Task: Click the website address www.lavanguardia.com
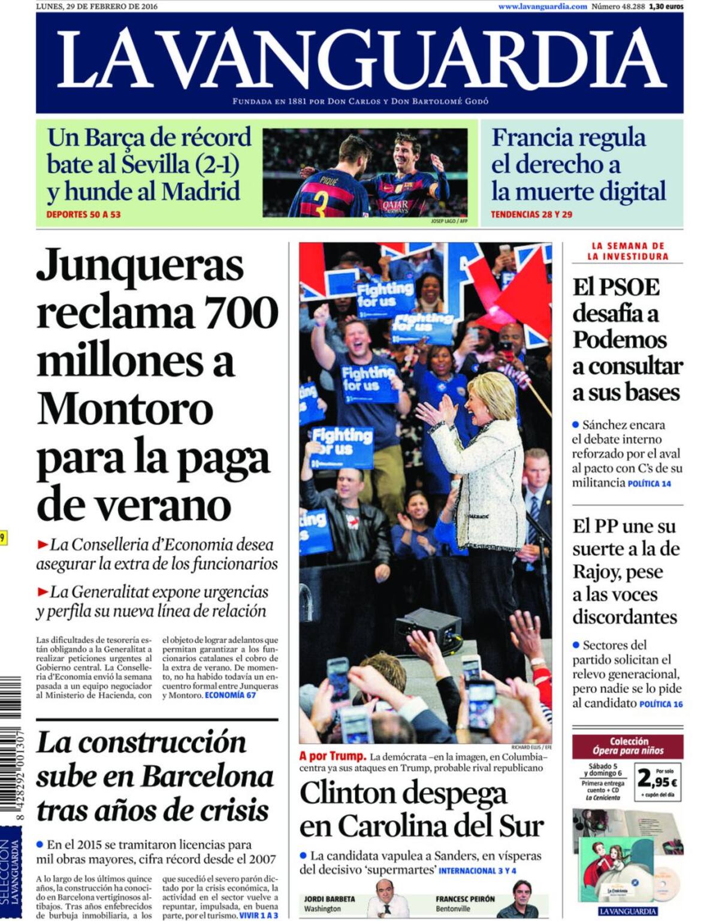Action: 542,6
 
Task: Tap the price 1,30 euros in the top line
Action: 666,6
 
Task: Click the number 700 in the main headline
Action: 241,312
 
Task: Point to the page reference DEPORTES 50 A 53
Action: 83,214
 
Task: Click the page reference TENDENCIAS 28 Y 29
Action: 531,214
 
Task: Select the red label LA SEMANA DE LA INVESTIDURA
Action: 627,251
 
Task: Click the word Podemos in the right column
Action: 620,339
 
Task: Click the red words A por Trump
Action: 333,756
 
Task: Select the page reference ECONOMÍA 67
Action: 230,695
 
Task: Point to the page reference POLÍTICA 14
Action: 649,484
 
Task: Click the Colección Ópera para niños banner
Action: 627,745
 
